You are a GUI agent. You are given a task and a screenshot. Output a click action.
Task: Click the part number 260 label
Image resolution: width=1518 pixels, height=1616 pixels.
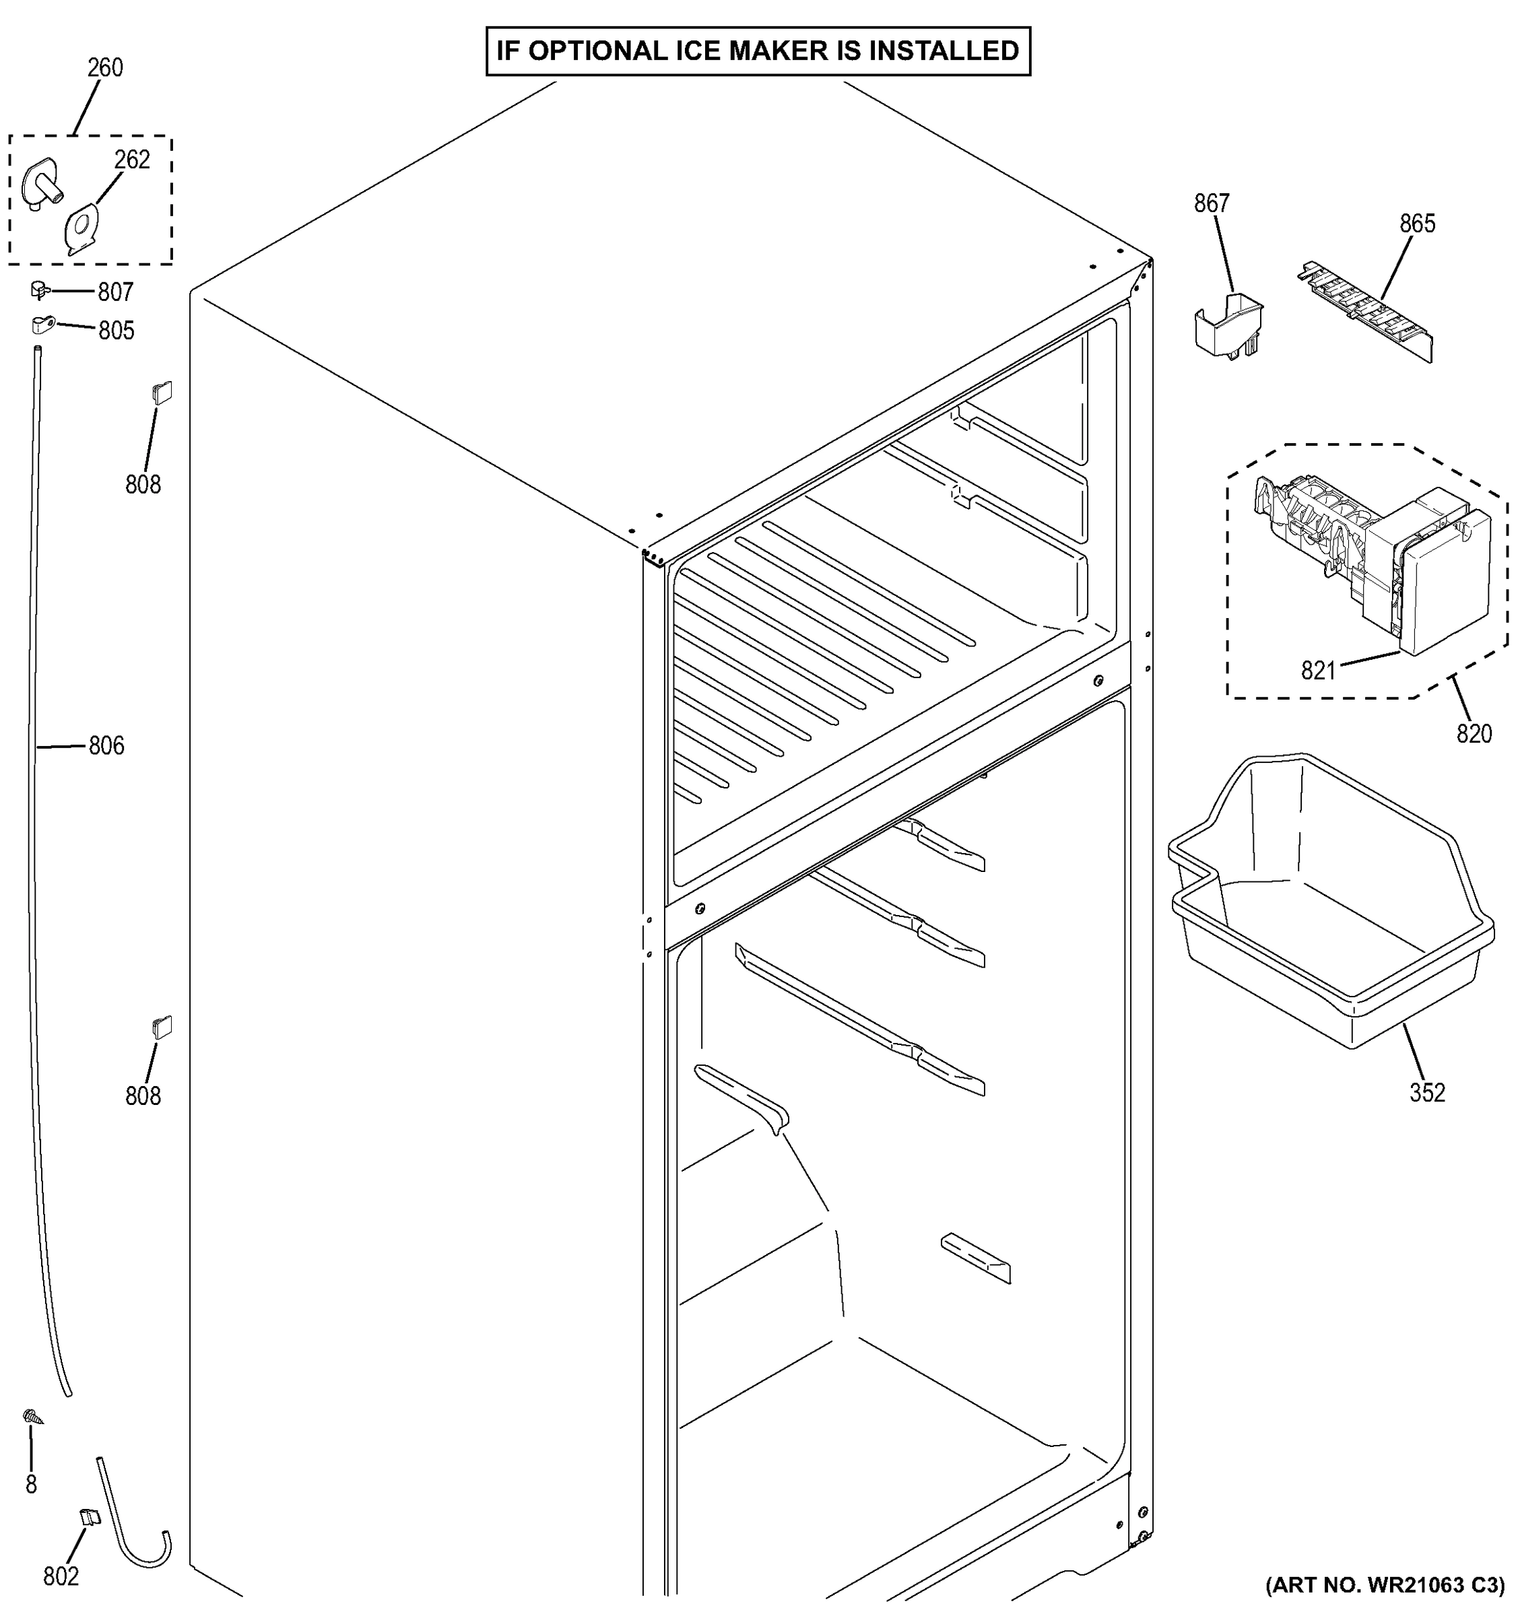click(x=106, y=67)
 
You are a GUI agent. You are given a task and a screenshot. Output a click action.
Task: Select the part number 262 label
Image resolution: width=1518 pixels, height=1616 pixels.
click(x=132, y=160)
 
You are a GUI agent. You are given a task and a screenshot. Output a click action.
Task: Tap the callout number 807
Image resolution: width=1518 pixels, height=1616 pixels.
click(x=115, y=292)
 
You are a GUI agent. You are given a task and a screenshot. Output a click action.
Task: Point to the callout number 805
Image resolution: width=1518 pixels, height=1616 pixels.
click(x=117, y=331)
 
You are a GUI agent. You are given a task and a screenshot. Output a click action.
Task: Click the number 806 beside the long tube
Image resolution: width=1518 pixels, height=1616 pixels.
click(x=106, y=745)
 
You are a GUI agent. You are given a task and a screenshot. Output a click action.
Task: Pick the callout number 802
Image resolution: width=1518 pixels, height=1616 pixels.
click(x=61, y=1576)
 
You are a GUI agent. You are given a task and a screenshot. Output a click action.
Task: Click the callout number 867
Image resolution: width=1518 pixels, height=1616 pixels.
click(x=1212, y=203)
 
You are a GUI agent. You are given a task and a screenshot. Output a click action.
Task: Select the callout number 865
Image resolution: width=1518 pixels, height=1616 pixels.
click(x=1417, y=224)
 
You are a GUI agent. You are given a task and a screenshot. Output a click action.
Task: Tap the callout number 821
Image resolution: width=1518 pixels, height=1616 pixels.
click(x=1318, y=671)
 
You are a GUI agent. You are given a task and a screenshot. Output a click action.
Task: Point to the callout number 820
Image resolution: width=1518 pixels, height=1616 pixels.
click(x=1474, y=734)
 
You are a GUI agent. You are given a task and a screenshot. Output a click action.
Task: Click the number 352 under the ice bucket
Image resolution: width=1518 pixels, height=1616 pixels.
click(x=1428, y=1093)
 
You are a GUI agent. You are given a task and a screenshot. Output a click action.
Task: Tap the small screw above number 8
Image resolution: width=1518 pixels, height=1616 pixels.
click(x=32, y=1417)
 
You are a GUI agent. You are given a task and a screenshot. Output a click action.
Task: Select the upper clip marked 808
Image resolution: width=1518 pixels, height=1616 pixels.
click(x=162, y=393)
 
